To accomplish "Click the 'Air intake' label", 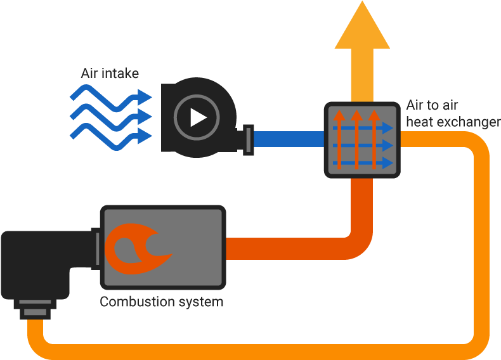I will (110, 74).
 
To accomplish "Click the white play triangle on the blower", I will (198, 118).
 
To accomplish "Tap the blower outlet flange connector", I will (248, 138).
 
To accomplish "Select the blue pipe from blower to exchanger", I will (289, 139).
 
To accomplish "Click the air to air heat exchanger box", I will (362, 139).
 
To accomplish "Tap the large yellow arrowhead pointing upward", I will (361, 25).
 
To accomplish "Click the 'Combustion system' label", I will (162, 302).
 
